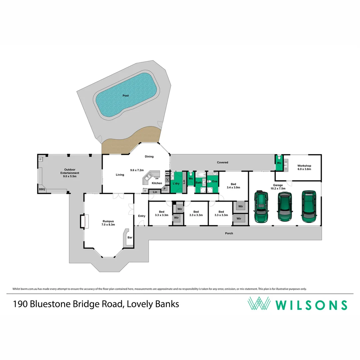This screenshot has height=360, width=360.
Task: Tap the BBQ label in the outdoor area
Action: [x=42, y=189]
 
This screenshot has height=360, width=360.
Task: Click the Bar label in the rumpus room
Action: [x=130, y=237]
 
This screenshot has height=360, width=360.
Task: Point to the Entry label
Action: [x=142, y=216]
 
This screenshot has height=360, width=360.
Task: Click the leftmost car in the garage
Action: [x=261, y=207]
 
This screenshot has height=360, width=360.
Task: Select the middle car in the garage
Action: [x=285, y=207]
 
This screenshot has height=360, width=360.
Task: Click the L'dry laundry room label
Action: [x=176, y=184]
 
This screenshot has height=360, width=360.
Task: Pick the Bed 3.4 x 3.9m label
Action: [x=233, y=186]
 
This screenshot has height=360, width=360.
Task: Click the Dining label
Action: [x=149, y=156]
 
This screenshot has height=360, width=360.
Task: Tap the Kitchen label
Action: [x=157, y=183]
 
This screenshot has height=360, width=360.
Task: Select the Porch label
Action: [x=229, y=233]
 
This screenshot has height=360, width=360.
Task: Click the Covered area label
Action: [x=222, y=162]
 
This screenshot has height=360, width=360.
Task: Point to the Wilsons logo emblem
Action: [x=259, y=304]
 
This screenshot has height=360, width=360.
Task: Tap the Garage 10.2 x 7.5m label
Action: [x=278, y=187]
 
